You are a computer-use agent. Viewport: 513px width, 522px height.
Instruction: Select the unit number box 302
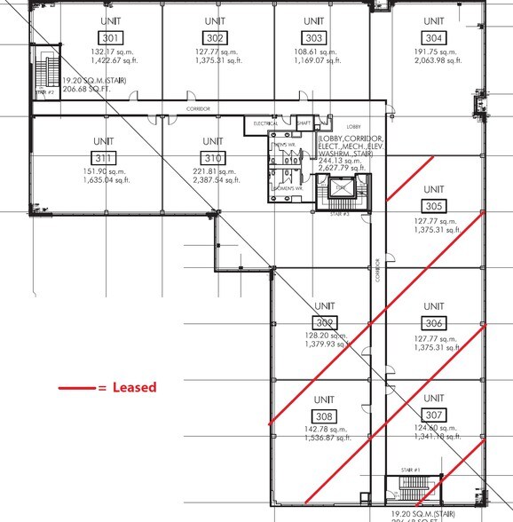[x=214, y=37]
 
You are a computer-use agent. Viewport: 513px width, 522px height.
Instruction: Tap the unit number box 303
[x=313, y=37]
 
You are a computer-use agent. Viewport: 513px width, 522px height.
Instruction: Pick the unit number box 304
[x=433, y=37]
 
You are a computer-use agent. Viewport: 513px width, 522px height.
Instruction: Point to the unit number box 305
[x=433, y=207]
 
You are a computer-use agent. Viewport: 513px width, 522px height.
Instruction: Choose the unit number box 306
[x=433, y=323]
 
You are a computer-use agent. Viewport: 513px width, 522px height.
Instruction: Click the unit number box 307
[x=433, y=415]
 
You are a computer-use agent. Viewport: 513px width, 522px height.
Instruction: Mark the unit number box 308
[x=325, y=415]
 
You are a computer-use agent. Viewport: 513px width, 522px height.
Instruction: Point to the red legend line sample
[x=76, y=388]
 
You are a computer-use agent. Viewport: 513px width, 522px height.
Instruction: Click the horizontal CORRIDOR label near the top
[x=198, y=109]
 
